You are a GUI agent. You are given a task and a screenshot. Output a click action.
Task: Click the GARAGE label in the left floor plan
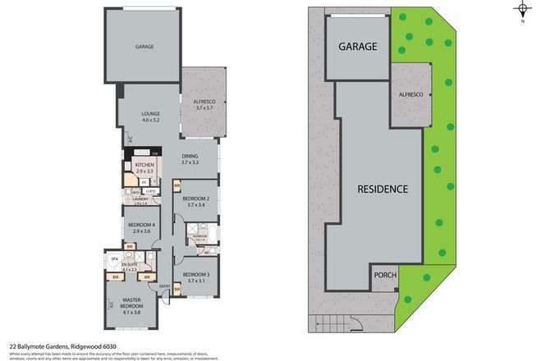point(145,48)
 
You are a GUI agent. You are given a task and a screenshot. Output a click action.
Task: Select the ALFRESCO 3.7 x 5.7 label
point(204,104)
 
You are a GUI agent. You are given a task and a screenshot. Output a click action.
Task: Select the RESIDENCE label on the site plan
point(382,189)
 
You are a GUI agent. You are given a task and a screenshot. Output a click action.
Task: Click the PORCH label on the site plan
point(385,276)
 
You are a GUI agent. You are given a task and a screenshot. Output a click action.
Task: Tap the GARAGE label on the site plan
point(357,48)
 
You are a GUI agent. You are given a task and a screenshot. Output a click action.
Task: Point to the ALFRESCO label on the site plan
point(411,96)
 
